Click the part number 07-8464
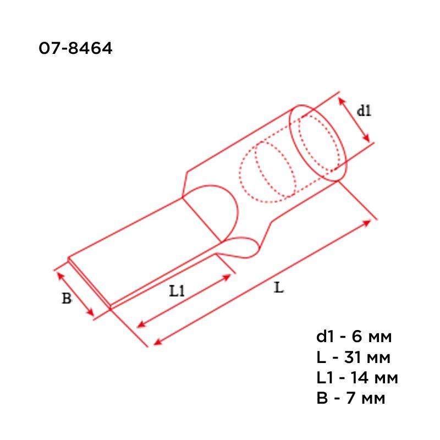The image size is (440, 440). click(x=75, y=48)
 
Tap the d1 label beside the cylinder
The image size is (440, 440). click(x=364, y=111)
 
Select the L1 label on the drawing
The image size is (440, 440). click(x=177, y=290)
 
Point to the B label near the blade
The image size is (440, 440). click(x=67, y=298)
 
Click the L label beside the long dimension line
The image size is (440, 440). click(x=279, y=288)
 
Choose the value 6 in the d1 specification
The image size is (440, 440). click(x=356, y=337)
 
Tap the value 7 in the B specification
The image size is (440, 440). click(x=351, y=398)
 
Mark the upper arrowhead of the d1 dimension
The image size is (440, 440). click(x=341, y=101)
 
